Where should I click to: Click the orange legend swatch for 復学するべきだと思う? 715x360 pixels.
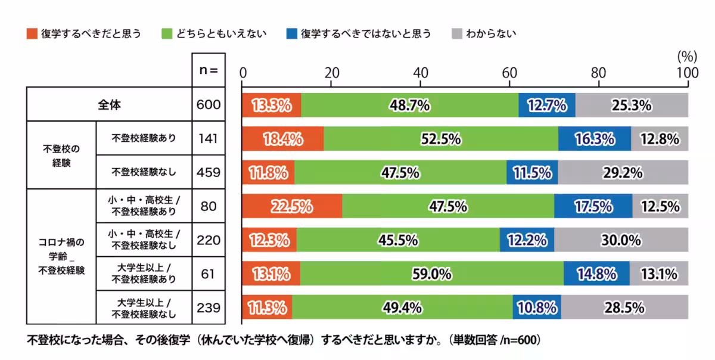[x=32, y=33]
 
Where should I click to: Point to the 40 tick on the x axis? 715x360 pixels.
[x=421, y=73]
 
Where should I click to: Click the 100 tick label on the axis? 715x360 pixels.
[x=688, y=73]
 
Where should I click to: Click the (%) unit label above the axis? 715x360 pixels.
[x=687, y=57]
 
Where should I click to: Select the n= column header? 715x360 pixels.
[x=208, y=70]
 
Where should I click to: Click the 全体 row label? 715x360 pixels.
[x=109, y=104]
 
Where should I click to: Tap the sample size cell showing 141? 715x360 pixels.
[x=208, y=138]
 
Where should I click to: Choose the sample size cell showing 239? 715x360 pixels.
[x=208, y=308]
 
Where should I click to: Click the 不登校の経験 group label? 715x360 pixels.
[x=61, y=155]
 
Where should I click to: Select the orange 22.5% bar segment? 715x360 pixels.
[x=292, y=206]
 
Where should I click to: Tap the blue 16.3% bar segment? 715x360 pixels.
[x=594, y=139]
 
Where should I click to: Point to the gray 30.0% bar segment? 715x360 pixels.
[x=620, y=240]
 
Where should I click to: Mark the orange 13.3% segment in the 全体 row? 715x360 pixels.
[x=272, y=105]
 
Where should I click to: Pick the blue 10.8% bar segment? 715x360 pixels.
[x=536, y=308]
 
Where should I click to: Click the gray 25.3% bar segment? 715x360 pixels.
[x=631, y=105]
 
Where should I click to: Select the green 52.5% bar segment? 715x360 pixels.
[x=441, y=139]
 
